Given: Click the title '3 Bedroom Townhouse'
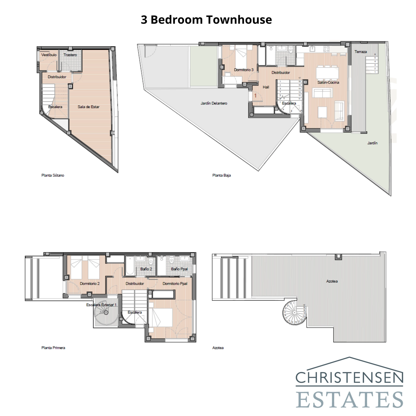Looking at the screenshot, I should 206,20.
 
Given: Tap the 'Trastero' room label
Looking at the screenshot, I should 70,55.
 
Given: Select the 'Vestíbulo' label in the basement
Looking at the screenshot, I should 49,55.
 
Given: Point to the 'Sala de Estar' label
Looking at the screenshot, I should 88,107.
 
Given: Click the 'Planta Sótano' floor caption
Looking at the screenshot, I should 53,175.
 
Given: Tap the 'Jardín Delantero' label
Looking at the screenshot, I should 214,103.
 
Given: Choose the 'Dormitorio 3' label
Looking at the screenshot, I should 244,70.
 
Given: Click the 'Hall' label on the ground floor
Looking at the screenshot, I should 266,87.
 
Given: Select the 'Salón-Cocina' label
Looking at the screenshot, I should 328,82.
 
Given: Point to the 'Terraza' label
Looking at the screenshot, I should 361,52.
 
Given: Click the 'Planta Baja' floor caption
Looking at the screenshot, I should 222,175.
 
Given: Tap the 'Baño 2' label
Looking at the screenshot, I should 146,269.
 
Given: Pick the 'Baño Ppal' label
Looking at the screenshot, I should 179,269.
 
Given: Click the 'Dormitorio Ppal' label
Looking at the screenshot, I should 175,283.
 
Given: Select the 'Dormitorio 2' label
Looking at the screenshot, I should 90,283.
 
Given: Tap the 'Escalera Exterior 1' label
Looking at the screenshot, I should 101,305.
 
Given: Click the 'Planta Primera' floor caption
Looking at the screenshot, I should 53,348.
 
